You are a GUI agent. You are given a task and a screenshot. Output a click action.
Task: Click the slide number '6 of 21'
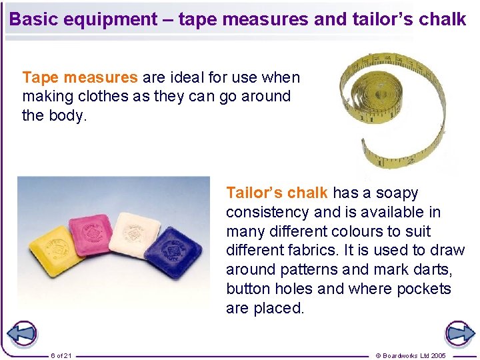(61, 355)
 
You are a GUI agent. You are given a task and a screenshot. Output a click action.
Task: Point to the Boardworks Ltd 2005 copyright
(411, 355)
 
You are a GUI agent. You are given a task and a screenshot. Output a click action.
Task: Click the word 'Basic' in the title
(34, 19)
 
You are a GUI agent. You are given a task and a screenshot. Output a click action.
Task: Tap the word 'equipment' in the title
(113, 19)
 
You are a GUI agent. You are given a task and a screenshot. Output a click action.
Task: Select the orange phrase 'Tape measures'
(80, 77)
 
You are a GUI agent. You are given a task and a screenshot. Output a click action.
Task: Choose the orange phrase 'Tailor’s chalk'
(277, 193)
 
